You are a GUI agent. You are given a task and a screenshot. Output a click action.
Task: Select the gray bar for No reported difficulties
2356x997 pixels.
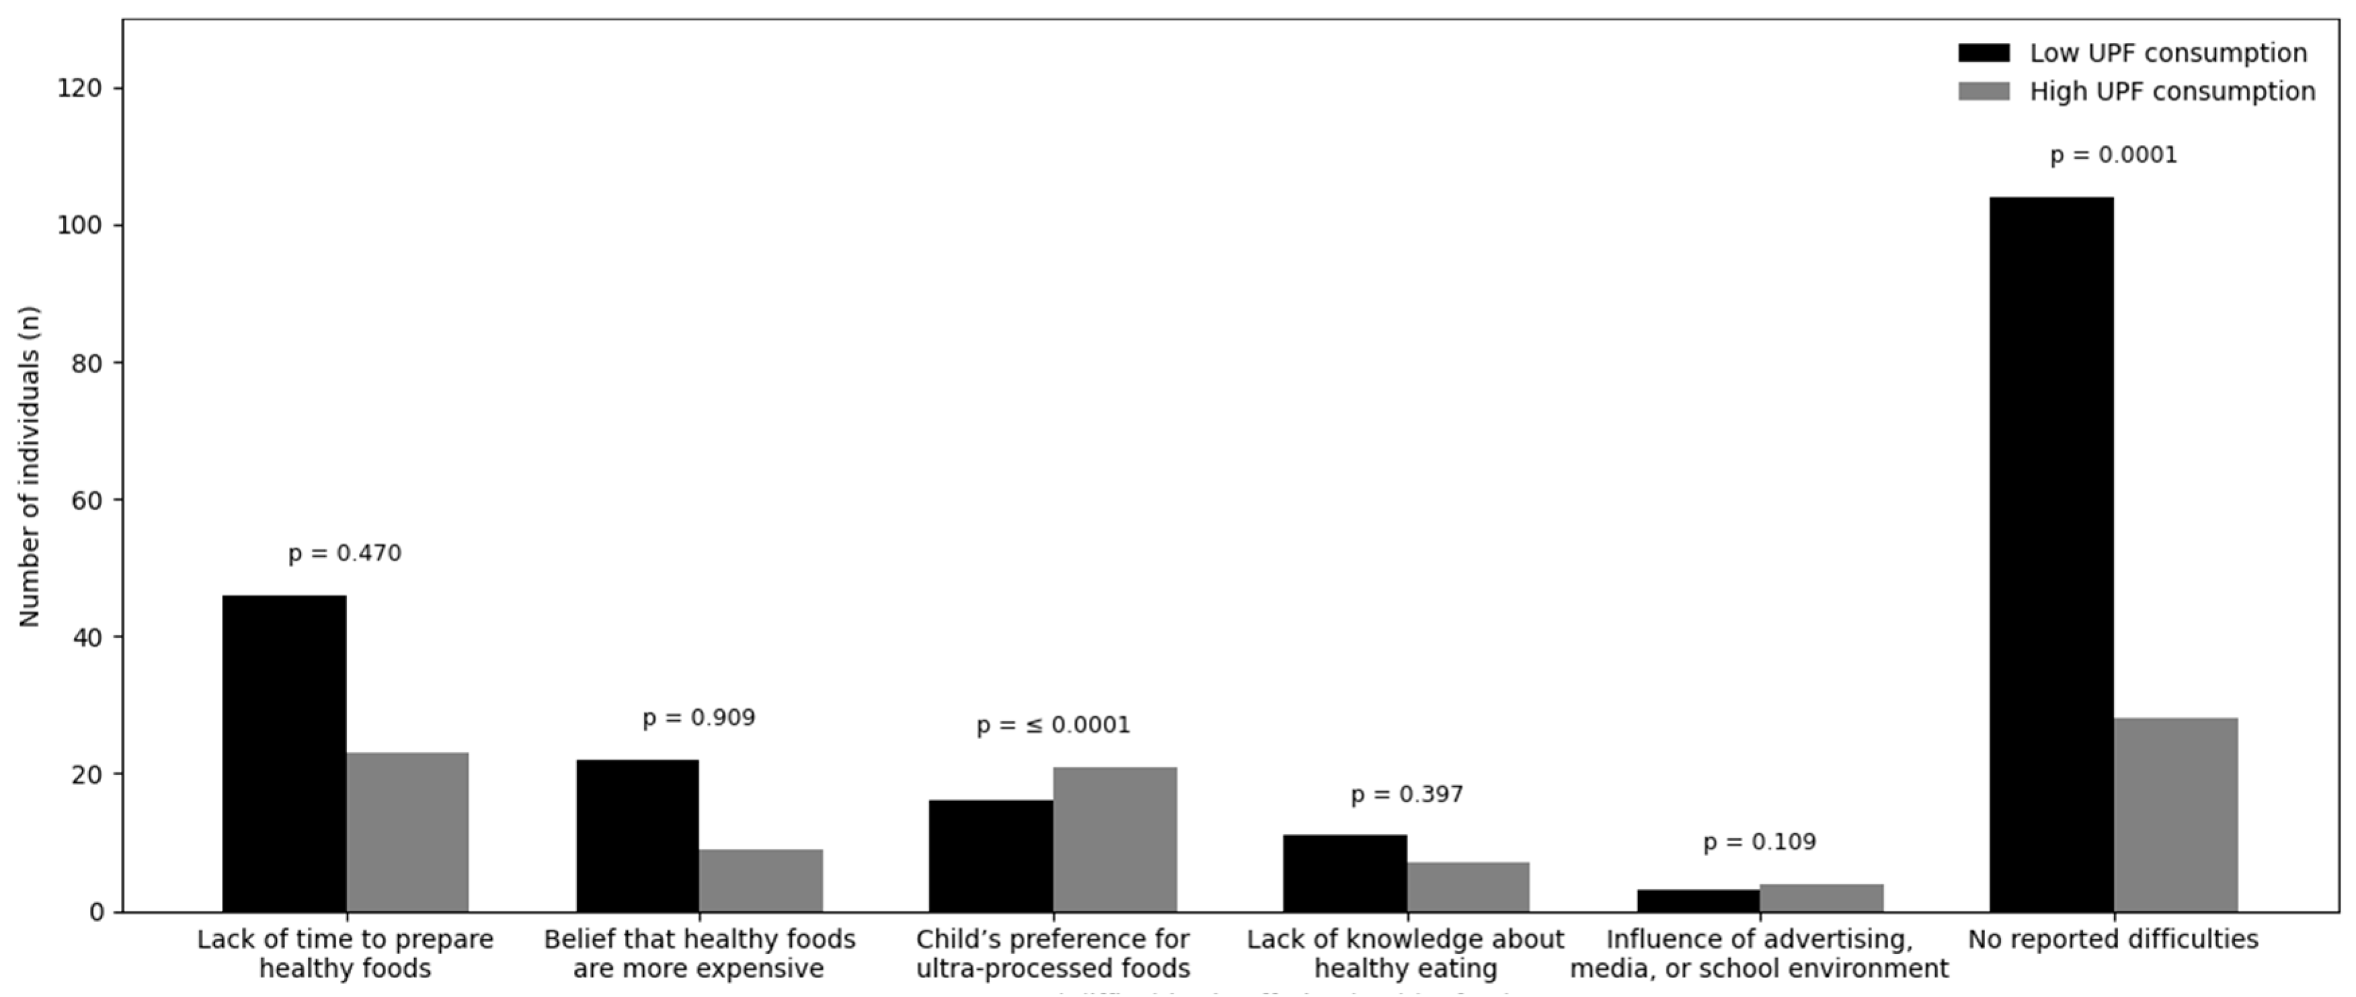point(2176,814)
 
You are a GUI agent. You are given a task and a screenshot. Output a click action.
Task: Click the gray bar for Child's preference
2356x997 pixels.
point(1115,839)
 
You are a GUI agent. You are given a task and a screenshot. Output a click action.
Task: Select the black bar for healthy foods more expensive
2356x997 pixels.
point(637,835)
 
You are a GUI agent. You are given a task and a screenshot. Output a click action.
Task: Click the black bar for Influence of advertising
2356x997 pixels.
point(1699,900)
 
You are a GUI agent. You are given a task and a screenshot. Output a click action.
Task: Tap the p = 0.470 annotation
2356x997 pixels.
point(345,553)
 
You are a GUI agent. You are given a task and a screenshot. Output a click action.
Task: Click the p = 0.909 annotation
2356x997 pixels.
point(699,718)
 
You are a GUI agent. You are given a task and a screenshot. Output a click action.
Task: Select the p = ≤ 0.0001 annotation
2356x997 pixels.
point(1053,725)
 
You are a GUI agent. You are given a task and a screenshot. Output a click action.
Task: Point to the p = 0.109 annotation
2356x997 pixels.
point(1760,842)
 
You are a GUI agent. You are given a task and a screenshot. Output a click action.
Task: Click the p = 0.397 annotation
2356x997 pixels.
point(1407,795)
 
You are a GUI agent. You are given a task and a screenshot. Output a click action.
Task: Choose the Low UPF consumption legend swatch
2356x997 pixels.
point(1984,53)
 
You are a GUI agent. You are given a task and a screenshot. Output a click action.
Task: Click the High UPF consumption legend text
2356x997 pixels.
point(2172,91)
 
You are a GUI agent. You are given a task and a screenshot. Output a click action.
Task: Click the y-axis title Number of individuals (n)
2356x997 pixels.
point(30,467)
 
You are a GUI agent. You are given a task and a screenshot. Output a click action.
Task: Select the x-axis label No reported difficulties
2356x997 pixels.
point(2113,939)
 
